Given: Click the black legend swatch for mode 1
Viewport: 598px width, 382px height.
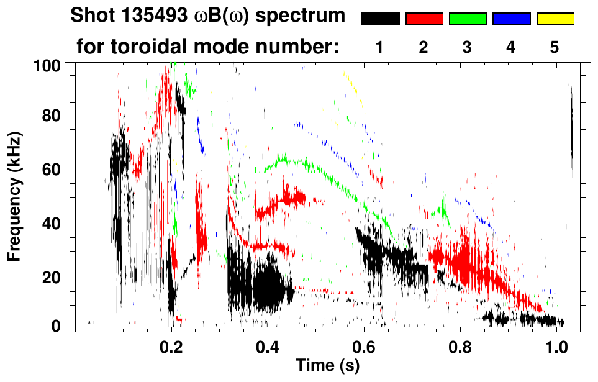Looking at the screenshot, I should [380, 19].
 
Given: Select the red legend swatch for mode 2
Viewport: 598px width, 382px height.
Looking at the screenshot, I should [424, 19].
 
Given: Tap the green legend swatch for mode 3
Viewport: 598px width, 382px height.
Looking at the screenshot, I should [468, 19].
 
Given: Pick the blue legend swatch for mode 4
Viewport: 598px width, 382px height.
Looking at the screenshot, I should [511, 19].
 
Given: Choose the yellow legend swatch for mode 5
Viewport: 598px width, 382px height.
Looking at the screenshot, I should [555, 19].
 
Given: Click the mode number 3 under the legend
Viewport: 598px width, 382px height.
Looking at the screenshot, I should [468, 47].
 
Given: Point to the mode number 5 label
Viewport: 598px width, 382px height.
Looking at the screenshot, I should [555, 47].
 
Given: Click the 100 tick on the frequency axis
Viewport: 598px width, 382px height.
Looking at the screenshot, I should [48, 64].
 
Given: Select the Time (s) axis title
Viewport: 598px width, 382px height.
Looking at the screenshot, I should [327, 366].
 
